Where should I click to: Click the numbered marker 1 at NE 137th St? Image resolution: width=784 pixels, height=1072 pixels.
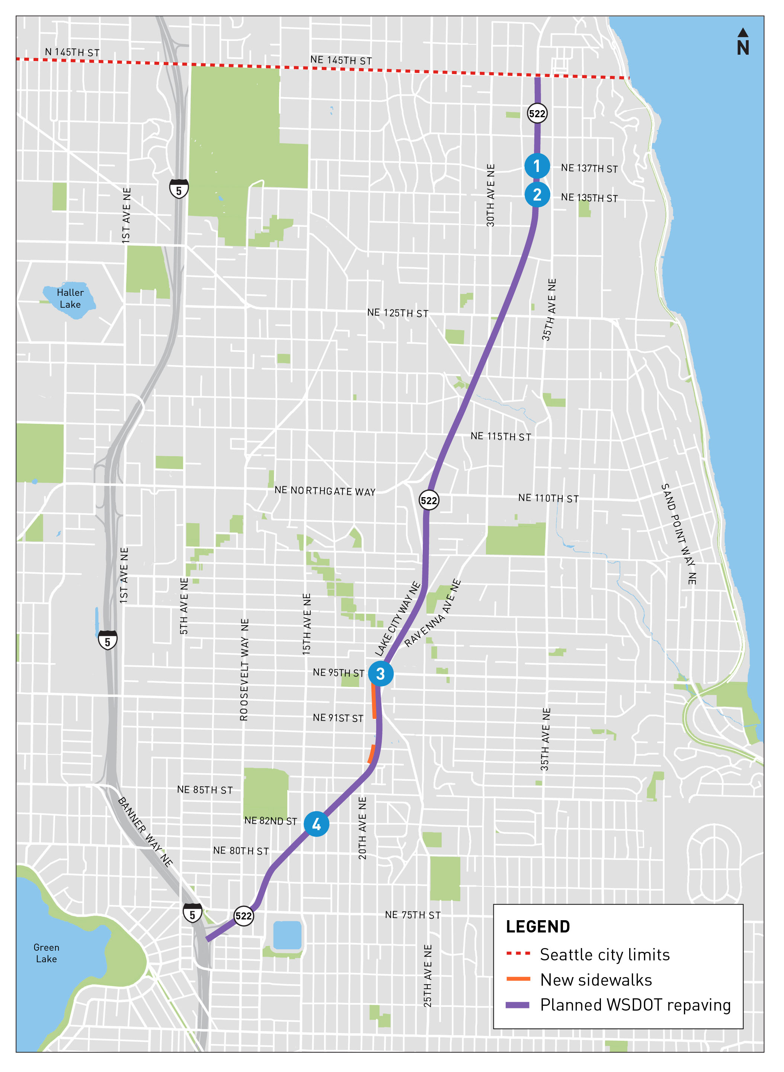point(537,166)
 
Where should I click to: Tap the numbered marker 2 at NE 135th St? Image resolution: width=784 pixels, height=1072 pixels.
point(537,195)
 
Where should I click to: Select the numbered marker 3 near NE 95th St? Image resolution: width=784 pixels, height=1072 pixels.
point(381,673)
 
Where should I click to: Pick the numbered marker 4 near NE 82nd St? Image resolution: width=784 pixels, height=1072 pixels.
point(317,824)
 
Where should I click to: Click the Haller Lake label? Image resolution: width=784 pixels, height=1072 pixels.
point(70,298)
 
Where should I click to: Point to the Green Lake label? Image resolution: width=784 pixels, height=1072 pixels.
point(47,953)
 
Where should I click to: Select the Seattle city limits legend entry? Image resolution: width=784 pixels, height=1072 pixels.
point(604,955)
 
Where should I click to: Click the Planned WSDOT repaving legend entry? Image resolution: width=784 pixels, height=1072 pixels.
point(635,1005)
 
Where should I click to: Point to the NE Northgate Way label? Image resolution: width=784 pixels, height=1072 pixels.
point(325,491)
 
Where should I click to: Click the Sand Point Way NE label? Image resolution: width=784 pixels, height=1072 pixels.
point(679,534)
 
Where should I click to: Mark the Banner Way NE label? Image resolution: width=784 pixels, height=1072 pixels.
point(145,832)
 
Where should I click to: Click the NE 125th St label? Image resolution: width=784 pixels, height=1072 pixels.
point(398,313)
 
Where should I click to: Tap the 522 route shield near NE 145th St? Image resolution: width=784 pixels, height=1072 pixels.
point(537,113)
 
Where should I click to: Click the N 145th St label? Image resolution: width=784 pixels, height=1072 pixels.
point(72,52)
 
